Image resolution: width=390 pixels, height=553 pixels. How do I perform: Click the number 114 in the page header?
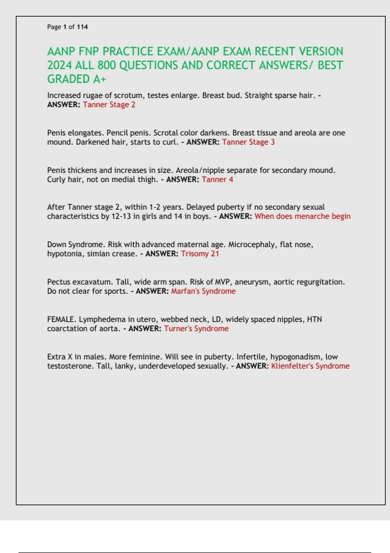(x=82, y=27)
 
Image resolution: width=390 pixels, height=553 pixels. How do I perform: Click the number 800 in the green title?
(x=107, y=65)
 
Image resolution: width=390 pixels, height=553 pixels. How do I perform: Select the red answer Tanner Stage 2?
(x=109, y=105)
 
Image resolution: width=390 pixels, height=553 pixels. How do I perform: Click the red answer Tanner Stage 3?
(x=248, y=142)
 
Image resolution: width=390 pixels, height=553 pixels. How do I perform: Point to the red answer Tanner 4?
(x=217, y=180)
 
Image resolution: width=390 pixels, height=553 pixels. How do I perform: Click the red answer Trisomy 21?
(x=200, y=254)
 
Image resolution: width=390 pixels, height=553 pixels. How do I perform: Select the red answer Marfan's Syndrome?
(x=203, y=291)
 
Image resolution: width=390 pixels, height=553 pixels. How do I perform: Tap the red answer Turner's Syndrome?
(x=196, y=329)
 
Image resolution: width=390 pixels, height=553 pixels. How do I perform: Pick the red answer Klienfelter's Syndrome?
(x=310, y=366)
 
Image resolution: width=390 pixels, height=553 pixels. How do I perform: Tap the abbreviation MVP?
(x=222, y=282)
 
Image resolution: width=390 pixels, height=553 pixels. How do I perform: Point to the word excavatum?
(x=91, y=282)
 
